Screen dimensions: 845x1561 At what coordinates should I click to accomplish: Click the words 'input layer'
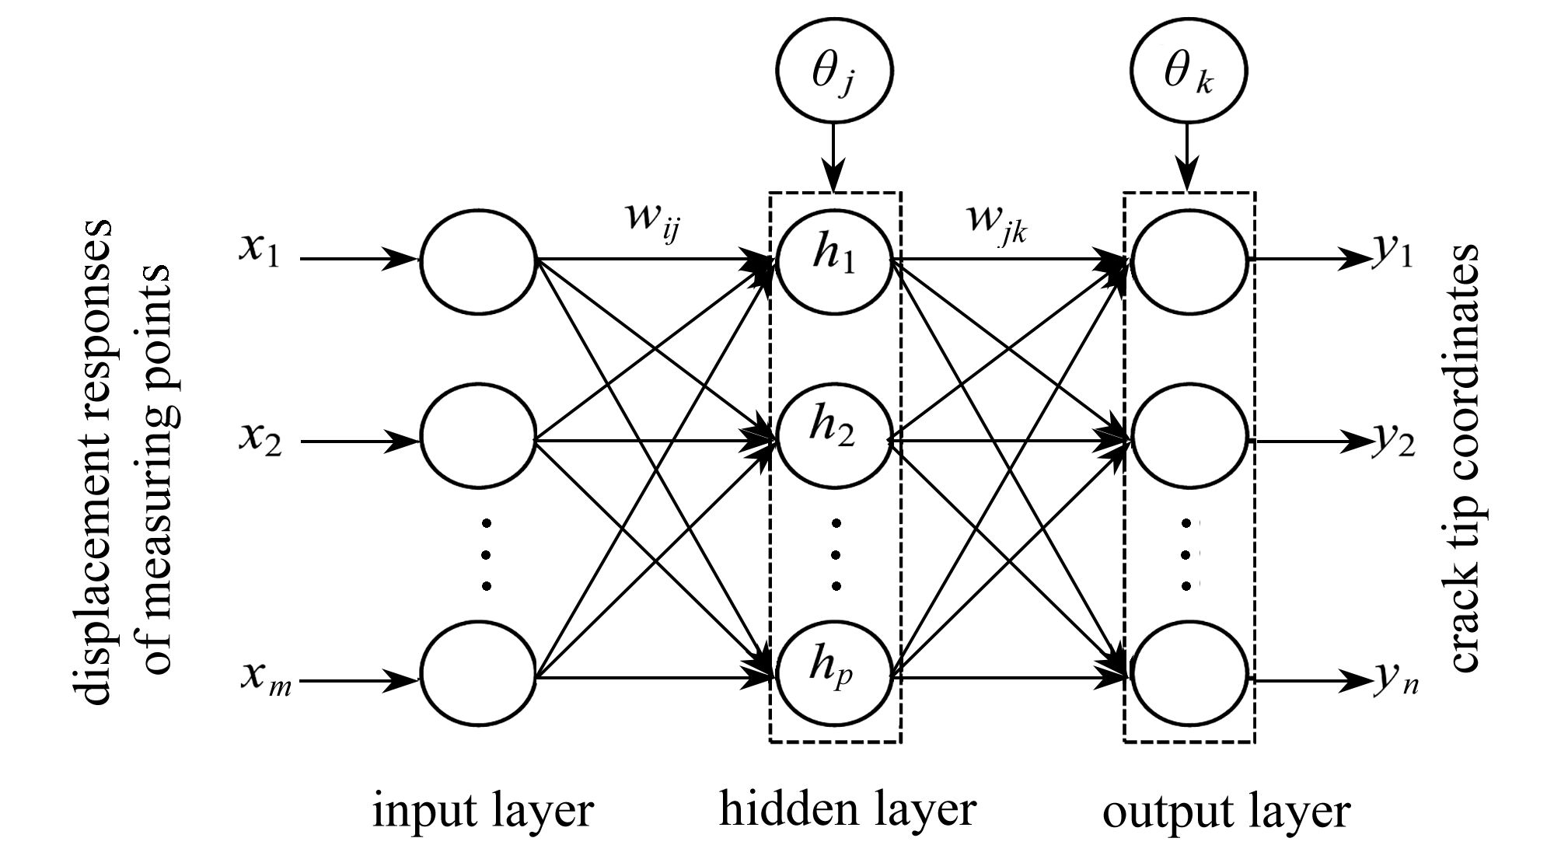[x=483, y=811]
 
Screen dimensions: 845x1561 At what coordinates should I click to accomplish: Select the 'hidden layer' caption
[x=847, y=809]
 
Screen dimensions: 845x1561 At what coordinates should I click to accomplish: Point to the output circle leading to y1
[x=1189, y=260]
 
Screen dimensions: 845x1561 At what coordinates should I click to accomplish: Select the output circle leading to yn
[x=1189, y=675]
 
